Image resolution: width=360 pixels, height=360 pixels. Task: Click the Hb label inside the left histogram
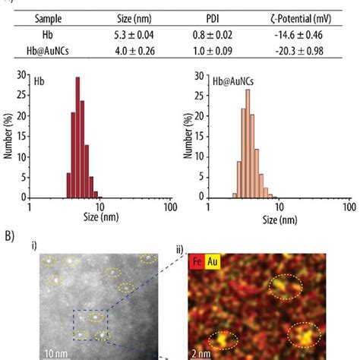pos(39,80)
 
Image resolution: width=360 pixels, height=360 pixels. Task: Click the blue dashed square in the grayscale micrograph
pos(89,323)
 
